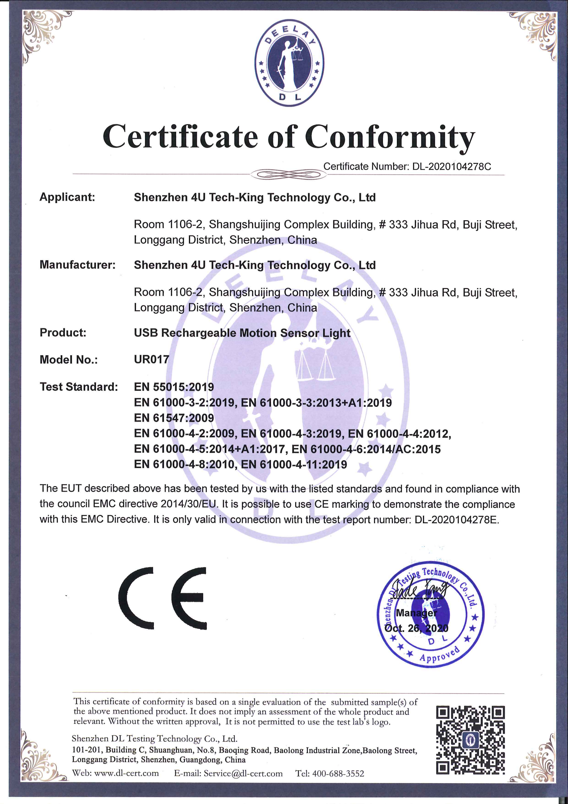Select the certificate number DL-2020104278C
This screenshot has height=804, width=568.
(x=452, y=167)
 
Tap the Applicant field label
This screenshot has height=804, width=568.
(x=67, y=197)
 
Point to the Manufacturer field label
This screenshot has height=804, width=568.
(x=77, y=265)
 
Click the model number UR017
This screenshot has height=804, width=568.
(x=151, y=360)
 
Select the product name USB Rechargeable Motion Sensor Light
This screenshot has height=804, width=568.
(x=242, y=333)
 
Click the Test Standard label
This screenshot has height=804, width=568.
(x=79, y=387)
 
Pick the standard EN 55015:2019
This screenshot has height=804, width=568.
(x=174, y=387)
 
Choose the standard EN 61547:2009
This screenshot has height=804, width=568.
(x=174, y=418)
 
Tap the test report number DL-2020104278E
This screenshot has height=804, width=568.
(x=456, y=520)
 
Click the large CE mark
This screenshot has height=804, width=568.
(x=163, y=598)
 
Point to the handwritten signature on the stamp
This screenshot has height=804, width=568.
(x=419, y=590)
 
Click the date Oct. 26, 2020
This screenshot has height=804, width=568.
(x=416, y=628)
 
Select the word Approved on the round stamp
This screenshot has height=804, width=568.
(x=440, y=655)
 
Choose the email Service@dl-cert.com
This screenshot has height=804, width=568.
(x=243, y=773)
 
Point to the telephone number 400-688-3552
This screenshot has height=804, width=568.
(x=338, y=773)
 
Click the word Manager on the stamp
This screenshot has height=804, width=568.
(x=416, y=613)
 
